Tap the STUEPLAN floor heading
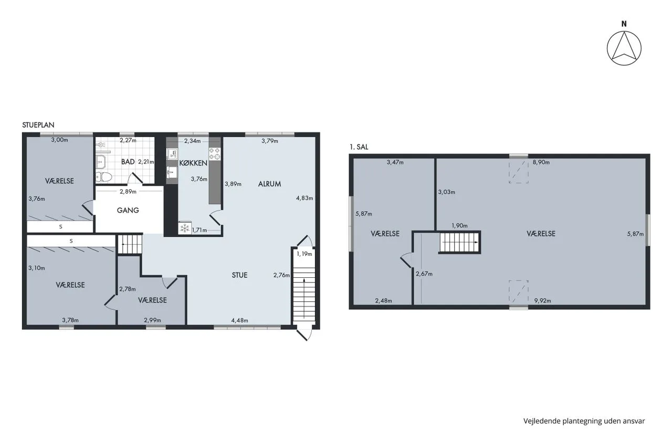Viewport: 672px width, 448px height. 38,125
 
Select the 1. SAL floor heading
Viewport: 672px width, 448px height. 359,147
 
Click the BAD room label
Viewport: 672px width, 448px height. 128,162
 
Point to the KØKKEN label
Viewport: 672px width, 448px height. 193,163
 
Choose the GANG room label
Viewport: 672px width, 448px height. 128,211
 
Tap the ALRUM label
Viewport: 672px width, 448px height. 269,184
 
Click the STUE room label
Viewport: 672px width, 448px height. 239,275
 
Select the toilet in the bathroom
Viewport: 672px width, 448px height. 103,177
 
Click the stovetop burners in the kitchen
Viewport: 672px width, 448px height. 215,153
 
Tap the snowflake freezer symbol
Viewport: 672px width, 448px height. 185,228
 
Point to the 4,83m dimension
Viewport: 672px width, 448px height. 304,198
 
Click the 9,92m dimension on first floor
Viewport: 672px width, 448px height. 543,300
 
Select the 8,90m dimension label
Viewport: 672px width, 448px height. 541,162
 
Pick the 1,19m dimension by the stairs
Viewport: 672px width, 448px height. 304,254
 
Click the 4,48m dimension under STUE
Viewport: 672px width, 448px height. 239,320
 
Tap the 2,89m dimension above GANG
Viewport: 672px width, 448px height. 128,192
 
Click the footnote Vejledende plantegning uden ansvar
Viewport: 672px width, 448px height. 584,421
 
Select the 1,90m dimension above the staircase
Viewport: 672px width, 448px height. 459,226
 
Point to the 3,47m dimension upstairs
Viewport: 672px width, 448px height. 395,163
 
